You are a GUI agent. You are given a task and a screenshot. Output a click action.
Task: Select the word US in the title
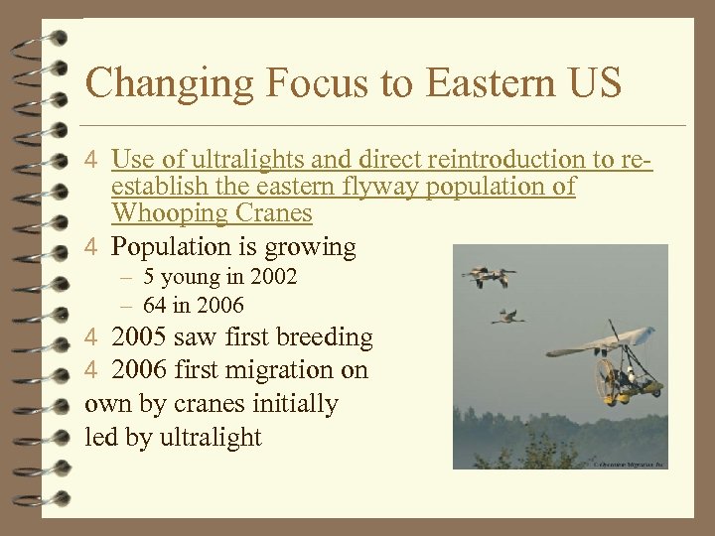click(x=595, y=83)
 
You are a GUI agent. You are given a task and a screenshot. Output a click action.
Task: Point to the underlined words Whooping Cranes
click(x=212, y=212)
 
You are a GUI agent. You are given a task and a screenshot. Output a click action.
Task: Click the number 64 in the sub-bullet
click(x=156, y=305)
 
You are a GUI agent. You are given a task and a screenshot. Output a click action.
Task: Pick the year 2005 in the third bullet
click(x=140, y=337)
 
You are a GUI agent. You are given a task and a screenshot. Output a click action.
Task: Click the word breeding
click(x=326, y=337)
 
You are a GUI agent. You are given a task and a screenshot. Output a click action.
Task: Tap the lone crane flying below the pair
click(x=508, y=316)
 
